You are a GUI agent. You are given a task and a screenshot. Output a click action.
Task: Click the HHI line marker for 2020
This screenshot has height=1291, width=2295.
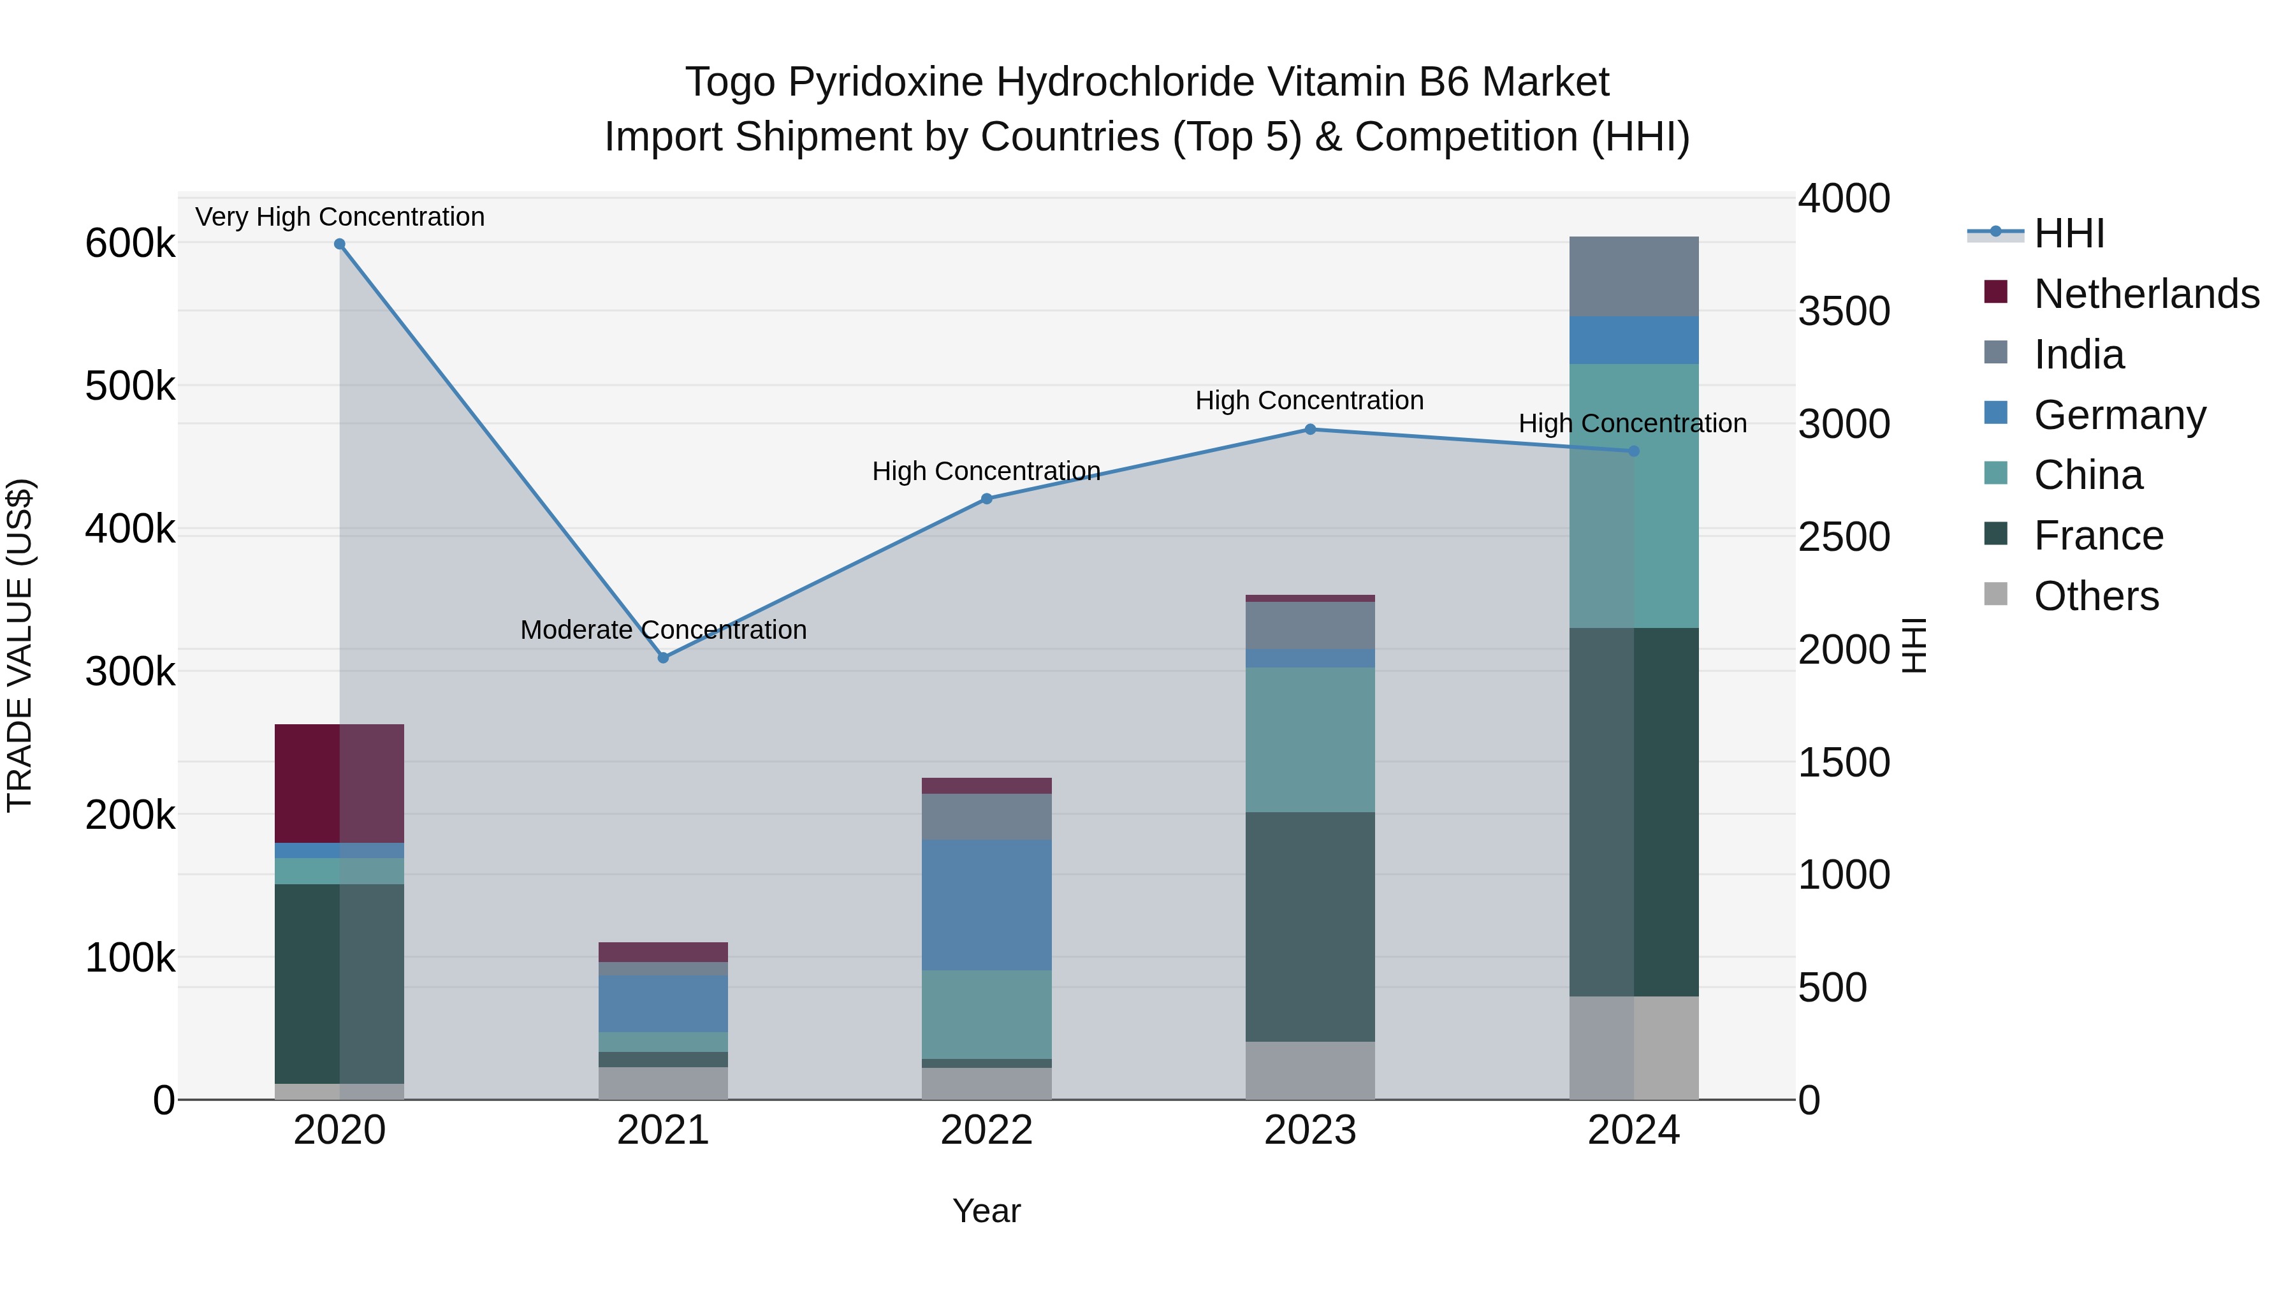339,244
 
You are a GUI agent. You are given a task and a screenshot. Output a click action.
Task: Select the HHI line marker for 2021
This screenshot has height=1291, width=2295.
663,657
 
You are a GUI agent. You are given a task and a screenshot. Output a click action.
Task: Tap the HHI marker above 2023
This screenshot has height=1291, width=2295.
1309,430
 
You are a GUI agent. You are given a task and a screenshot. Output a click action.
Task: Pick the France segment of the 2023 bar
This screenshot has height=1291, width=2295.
1309,926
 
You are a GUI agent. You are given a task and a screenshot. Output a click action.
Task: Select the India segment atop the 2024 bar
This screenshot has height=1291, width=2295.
1633,276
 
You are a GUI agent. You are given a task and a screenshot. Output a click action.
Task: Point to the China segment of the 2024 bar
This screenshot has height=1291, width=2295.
1633,495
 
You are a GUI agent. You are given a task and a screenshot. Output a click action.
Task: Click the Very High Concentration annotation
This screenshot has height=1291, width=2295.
339,217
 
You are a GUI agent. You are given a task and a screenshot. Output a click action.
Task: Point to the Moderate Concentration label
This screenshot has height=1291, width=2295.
663,630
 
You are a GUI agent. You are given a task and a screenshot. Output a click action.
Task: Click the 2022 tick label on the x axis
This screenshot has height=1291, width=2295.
986,1130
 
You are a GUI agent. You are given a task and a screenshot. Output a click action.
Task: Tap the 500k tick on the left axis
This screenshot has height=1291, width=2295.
130,387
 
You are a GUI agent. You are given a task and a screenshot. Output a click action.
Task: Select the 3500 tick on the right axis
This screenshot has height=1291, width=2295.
1843,311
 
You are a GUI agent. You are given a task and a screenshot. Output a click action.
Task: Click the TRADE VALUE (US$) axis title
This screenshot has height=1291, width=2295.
20,645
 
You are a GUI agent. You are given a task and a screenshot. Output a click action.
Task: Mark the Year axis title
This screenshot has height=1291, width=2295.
986,1211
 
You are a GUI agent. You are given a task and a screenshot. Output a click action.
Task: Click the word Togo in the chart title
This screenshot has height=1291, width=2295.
729,82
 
